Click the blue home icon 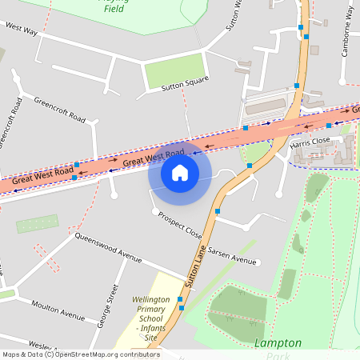tap(180, 172)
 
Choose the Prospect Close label tap(180, 226)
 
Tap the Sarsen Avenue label tap(233, 255)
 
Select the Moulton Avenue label tap(58, 310)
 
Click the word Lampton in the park tap(278, 342)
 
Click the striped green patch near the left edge tap(38, 223)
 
